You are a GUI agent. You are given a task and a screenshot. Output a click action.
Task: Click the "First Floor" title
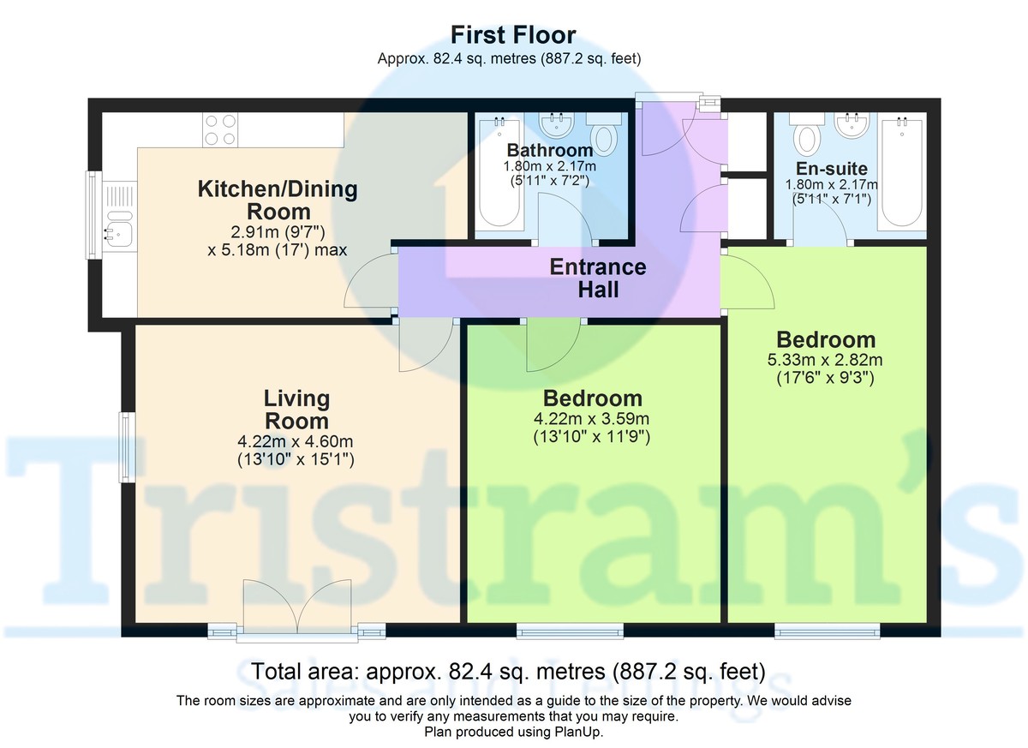point(513,35)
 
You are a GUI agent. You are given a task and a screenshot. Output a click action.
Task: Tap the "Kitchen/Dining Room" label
point(278,200)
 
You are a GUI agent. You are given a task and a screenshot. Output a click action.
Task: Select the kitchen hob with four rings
point(219,129)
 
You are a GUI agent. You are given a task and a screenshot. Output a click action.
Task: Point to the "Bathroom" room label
point(549,151)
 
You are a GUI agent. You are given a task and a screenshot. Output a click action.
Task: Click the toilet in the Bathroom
point(606,137)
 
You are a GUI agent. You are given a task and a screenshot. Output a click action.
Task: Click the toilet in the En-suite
point(806,135)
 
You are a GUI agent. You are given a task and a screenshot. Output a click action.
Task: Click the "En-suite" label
point(831,169)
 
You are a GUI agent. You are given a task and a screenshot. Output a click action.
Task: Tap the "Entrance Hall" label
point(597,278)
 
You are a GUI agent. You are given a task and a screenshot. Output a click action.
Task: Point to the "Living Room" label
point(296,410)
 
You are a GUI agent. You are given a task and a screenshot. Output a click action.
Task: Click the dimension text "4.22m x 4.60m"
point(296,441)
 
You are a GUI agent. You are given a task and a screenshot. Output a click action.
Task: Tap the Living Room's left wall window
point(127,447)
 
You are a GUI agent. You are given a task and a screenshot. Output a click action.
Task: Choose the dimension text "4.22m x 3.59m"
point(592,420)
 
